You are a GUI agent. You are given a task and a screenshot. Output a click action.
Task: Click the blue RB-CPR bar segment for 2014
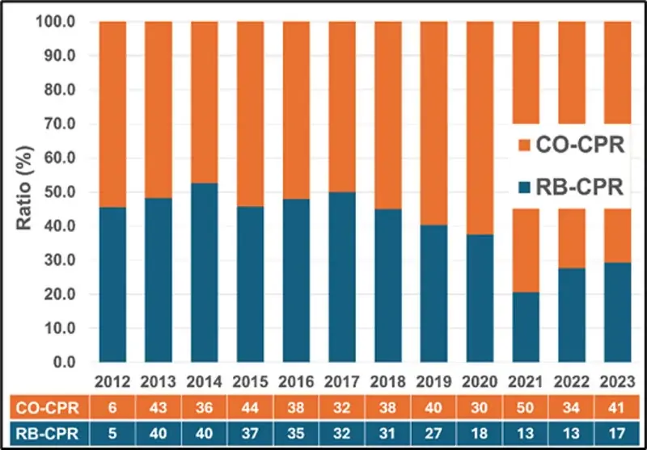point(205,272)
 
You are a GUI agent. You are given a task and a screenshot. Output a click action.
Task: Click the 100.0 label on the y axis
point(57,22)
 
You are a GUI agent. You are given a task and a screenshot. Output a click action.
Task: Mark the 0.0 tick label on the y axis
point(65,363)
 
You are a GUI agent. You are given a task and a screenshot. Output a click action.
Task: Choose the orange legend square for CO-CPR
point(524,145)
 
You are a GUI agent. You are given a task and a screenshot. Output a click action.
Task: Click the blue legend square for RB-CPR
point(524,187)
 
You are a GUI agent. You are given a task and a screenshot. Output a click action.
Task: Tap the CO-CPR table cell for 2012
point(113,406)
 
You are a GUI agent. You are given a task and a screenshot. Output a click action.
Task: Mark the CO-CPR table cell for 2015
point(251,406)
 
